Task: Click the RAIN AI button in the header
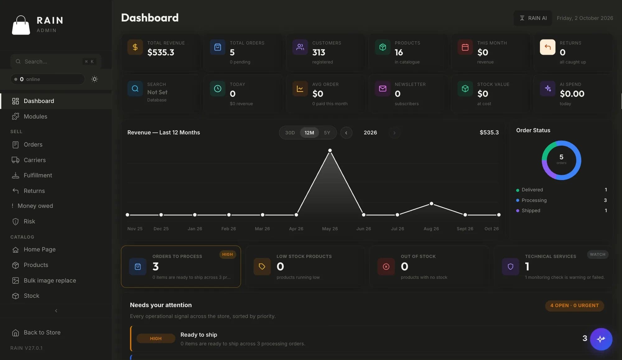pos(533,18)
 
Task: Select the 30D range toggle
pos(290,133)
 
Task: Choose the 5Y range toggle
pos(327,133)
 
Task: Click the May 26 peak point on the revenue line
pos(330,151)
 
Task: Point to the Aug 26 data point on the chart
pos(431,203)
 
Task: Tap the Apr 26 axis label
pos(296,229)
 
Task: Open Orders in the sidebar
pos(33,144)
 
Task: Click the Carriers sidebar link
pos(35,160)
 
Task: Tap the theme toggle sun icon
pos(95,79)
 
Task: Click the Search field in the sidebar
pos(56,62)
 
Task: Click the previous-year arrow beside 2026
pos(346,133)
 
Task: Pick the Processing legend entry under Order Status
pos(534,200)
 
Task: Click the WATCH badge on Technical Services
pos(597,254)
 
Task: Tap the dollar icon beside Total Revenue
pos(135,47)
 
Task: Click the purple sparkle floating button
pos(601,339)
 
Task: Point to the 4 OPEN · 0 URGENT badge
pos(574,306)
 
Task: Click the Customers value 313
pos(319,52)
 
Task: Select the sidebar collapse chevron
pos(56,311)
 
